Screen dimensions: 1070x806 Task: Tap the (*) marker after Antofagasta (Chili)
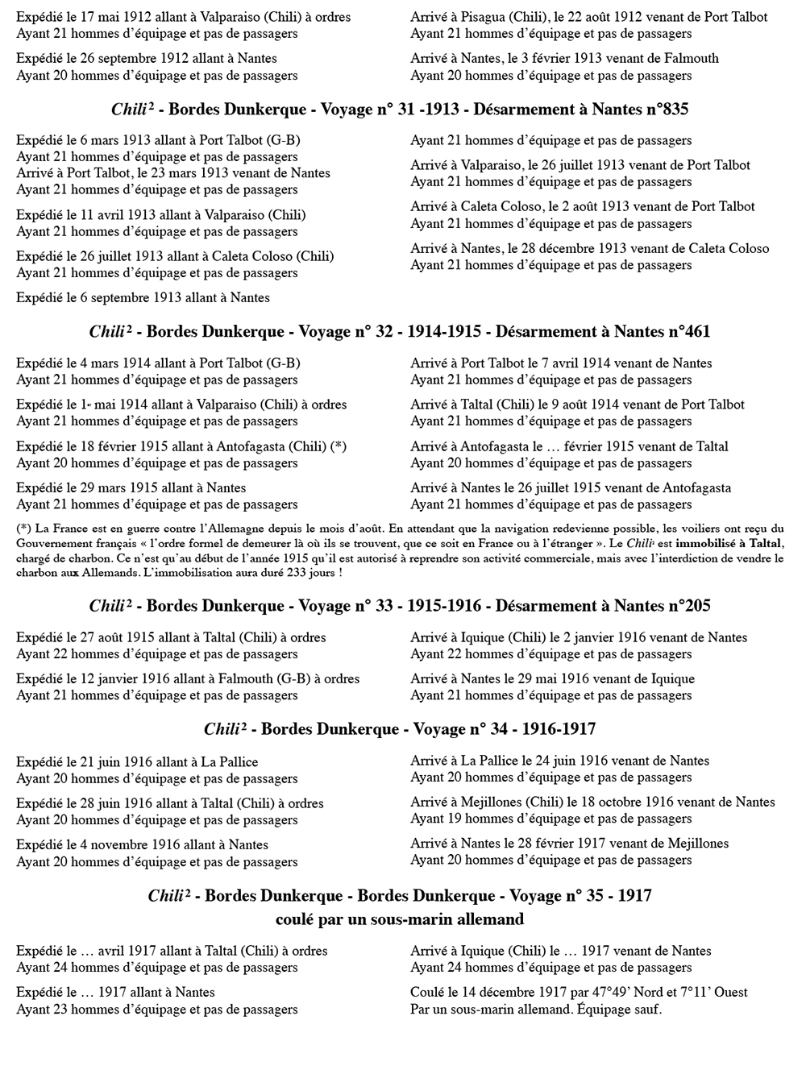point(339,446)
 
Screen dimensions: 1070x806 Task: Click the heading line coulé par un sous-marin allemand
point(400,919)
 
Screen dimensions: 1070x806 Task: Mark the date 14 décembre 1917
point(507,993)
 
